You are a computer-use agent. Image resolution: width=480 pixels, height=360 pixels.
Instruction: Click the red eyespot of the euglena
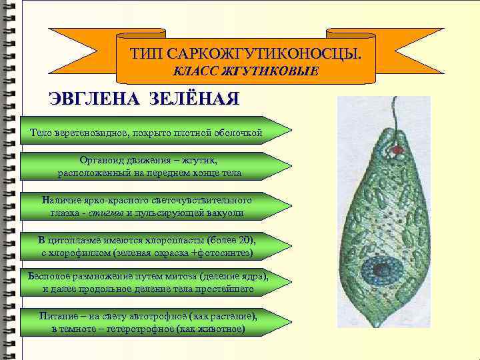pos(397,151)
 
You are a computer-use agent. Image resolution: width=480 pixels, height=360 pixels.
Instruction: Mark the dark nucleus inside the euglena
pos(383,270)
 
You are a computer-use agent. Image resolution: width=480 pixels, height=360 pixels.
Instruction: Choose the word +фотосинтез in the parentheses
pos(221,253)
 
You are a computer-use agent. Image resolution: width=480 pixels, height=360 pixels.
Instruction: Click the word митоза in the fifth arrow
pos(174,275)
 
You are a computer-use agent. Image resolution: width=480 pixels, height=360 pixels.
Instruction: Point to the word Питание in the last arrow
pos(59,315)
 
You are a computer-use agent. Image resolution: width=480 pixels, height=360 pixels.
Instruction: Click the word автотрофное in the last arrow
pos(159,315)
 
